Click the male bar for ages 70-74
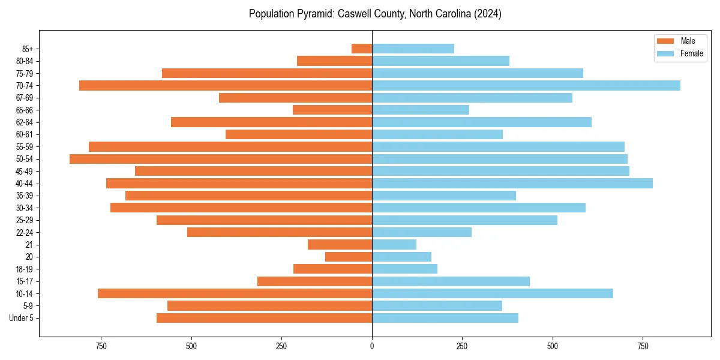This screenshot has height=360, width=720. [226, 85]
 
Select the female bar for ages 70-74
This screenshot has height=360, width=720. [526, 85]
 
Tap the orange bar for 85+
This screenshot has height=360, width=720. [362, 49]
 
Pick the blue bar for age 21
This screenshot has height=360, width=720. [394, 245]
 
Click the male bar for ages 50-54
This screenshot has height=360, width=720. [221, 159]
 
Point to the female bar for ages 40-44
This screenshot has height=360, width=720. [512, 183]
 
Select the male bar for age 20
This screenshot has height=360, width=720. [349, 257]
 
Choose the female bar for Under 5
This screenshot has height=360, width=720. [445, 318]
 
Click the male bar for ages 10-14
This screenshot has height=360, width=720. [235, 293]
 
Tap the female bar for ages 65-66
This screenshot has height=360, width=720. [421, 110]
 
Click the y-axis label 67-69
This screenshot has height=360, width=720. [25, 98]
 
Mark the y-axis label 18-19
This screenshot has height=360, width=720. [25, 269]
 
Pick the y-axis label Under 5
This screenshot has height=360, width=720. [22, 318]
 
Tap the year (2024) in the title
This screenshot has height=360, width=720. [487, 14]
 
